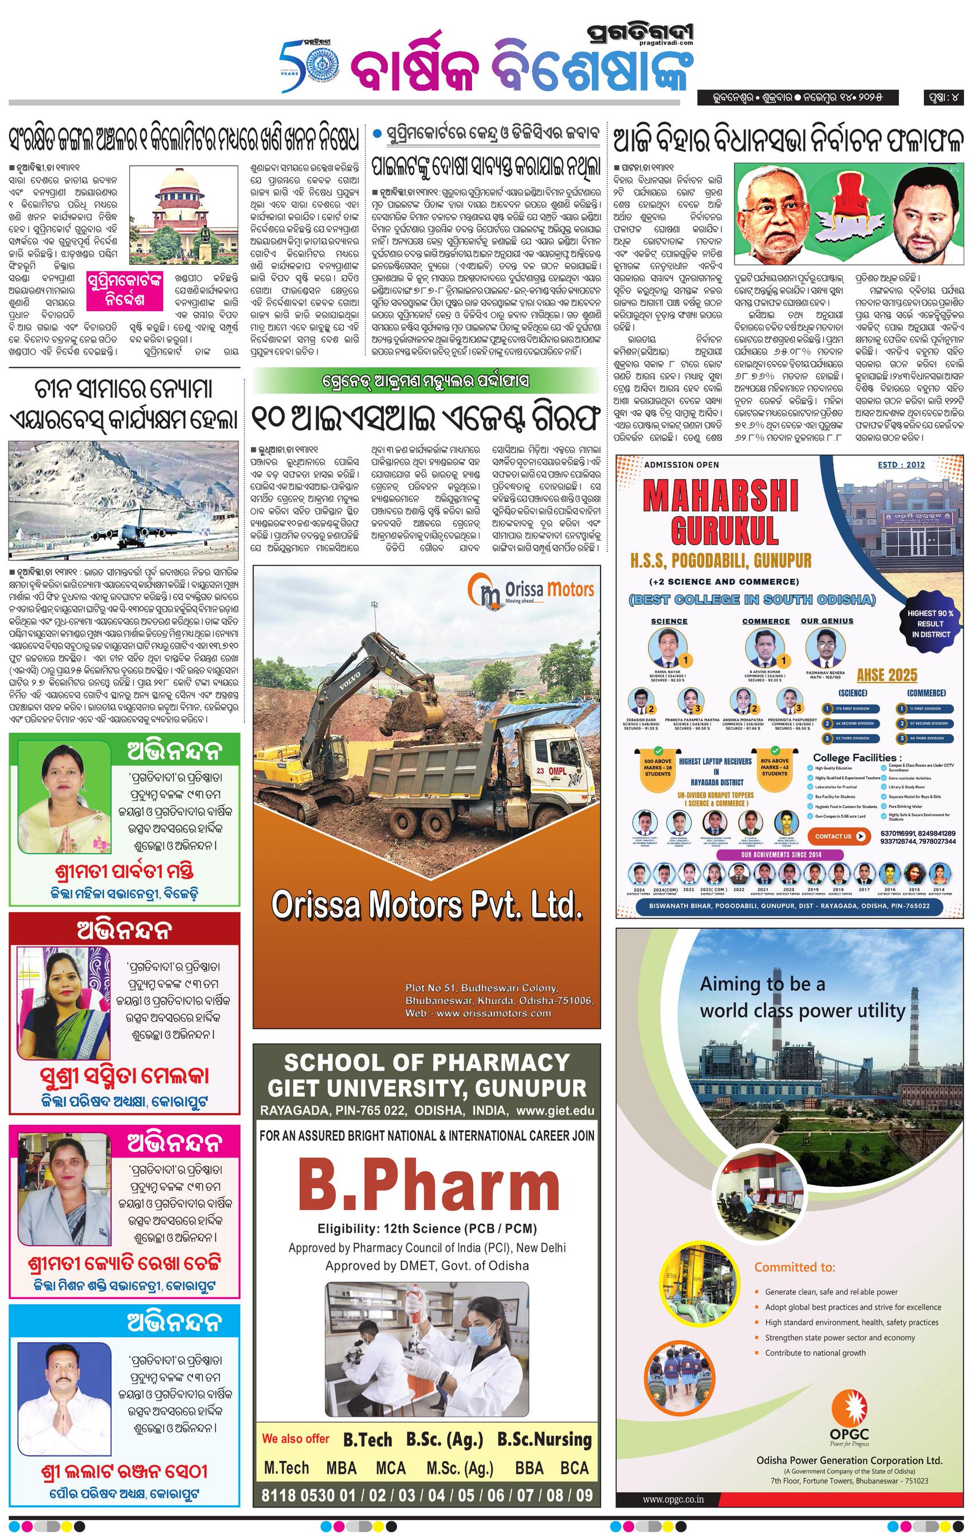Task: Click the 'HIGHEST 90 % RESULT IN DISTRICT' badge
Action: [x=930, y=623]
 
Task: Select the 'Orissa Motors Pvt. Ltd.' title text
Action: [x=427, y=905]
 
